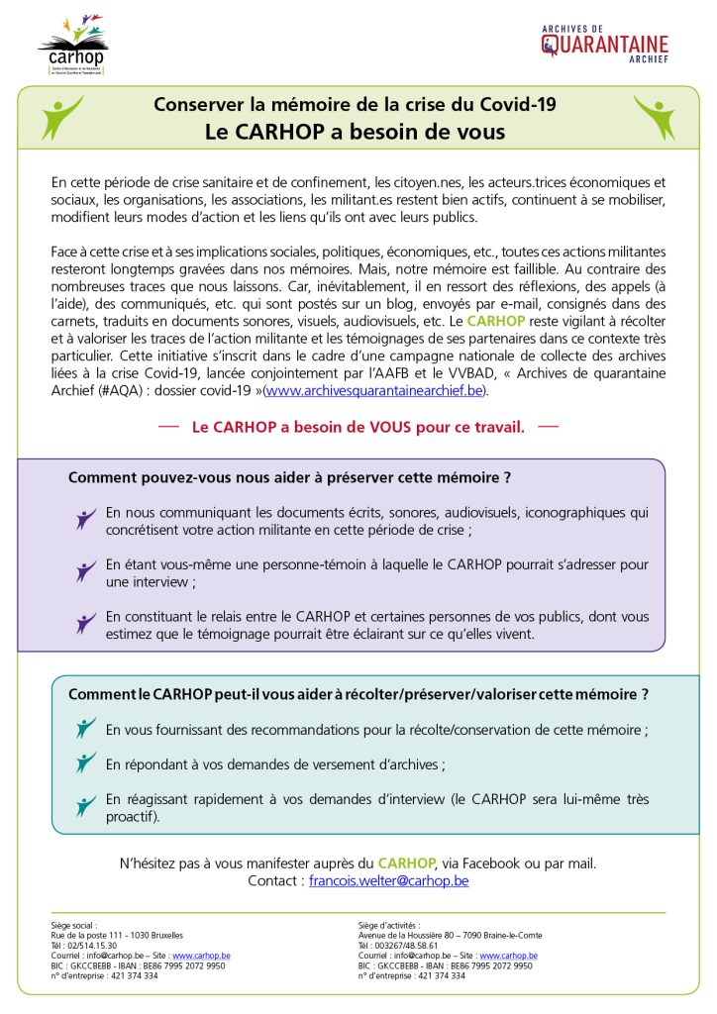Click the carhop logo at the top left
pyautogui.click(x=72, y=46)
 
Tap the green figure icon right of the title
pyautogui.click(x=654, y=118)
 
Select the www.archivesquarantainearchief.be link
pyautogui.click(x=375, y=391)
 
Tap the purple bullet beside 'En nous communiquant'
pyautogui.click(x=86, y=519)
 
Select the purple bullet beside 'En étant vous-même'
pyautogui.click(x=86, y=571)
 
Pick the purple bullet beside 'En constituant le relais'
pyautogui.click(x=86, y=623)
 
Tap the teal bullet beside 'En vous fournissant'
pyautogui.click(x=86, y=729)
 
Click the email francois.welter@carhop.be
pyautogui.click(x=388, y=879)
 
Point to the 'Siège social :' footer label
pyautogui.click(x=74, y=925)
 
